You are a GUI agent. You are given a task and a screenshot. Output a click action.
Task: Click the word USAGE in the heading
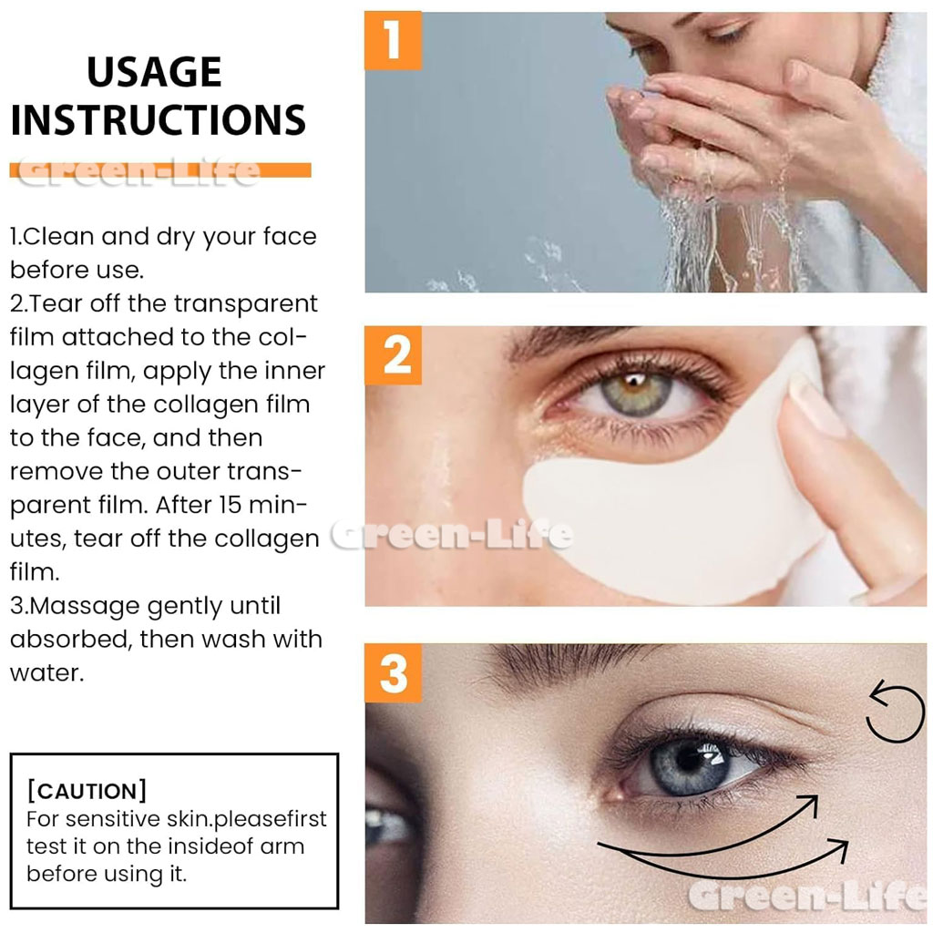155,72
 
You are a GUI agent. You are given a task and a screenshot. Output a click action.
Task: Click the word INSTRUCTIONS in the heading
159,120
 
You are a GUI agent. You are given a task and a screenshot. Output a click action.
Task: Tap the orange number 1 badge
393,40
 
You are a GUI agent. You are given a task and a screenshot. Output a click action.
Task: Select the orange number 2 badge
393,355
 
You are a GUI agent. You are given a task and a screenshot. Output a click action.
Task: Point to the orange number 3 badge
393,673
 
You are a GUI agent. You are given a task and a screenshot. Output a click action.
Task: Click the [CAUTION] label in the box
87,791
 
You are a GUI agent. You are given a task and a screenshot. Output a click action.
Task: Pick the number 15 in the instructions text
230,505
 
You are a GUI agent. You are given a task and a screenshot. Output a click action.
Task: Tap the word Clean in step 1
59,236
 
